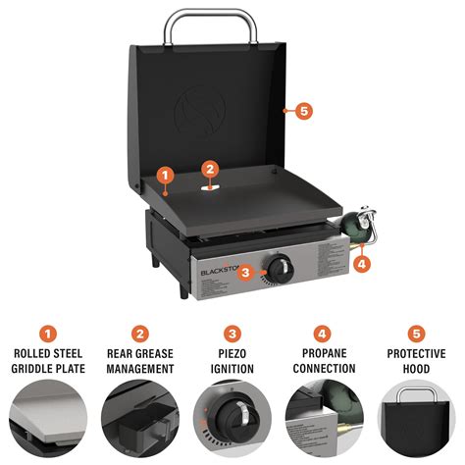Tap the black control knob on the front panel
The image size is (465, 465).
coord(281,266)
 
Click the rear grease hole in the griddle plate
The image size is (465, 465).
coord(210,184)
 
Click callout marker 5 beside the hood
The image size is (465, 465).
coord(303,111)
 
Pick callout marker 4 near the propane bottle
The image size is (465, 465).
coord(362,263)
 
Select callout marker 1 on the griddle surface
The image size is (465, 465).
coord(165,176)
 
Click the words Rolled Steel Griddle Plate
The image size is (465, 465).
coord(49,361)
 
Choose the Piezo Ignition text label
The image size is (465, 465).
coord(232,361)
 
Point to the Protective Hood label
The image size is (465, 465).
coord(415,361)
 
